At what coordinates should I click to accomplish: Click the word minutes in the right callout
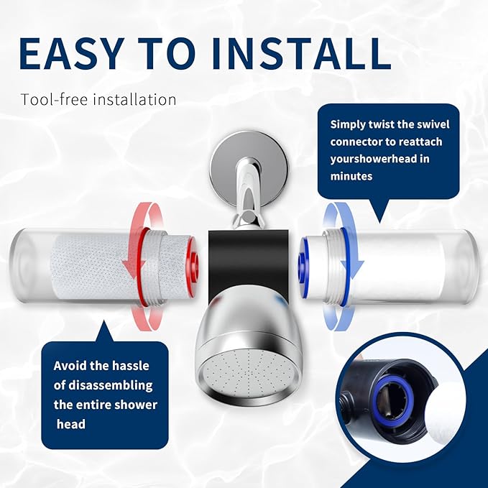pyautogui.click(x=351, y=176)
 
